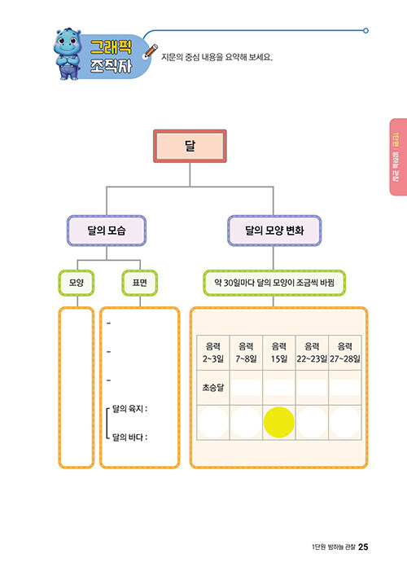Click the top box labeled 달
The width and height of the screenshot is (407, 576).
coord(190,146)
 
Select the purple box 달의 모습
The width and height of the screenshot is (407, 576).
coord(107,231)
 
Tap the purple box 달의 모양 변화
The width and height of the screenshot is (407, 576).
coord(274,231)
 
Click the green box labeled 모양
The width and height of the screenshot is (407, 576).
coord(77,283)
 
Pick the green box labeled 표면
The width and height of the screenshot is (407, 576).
coord(140,283)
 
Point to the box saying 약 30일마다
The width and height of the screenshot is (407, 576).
coord(274,283)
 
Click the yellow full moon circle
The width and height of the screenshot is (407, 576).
coord(279,423)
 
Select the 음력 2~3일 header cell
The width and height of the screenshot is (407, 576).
coord(213,353)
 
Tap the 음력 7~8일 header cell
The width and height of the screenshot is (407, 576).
coord(246,353)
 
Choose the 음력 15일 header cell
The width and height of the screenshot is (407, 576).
coord(279,353)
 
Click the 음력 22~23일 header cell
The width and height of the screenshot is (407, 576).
coord(312,353)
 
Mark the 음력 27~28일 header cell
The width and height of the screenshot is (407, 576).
coord(345,353)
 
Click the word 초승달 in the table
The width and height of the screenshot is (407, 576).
coord(213,388)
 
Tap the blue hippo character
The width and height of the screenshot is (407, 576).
coord(68,54)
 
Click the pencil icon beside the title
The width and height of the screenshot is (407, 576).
coord(151,51)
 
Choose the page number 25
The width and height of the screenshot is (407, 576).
coord(363,547)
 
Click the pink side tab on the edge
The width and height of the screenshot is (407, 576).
coord(398,157)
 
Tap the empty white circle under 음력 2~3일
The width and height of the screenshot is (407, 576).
coord(213,423)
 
